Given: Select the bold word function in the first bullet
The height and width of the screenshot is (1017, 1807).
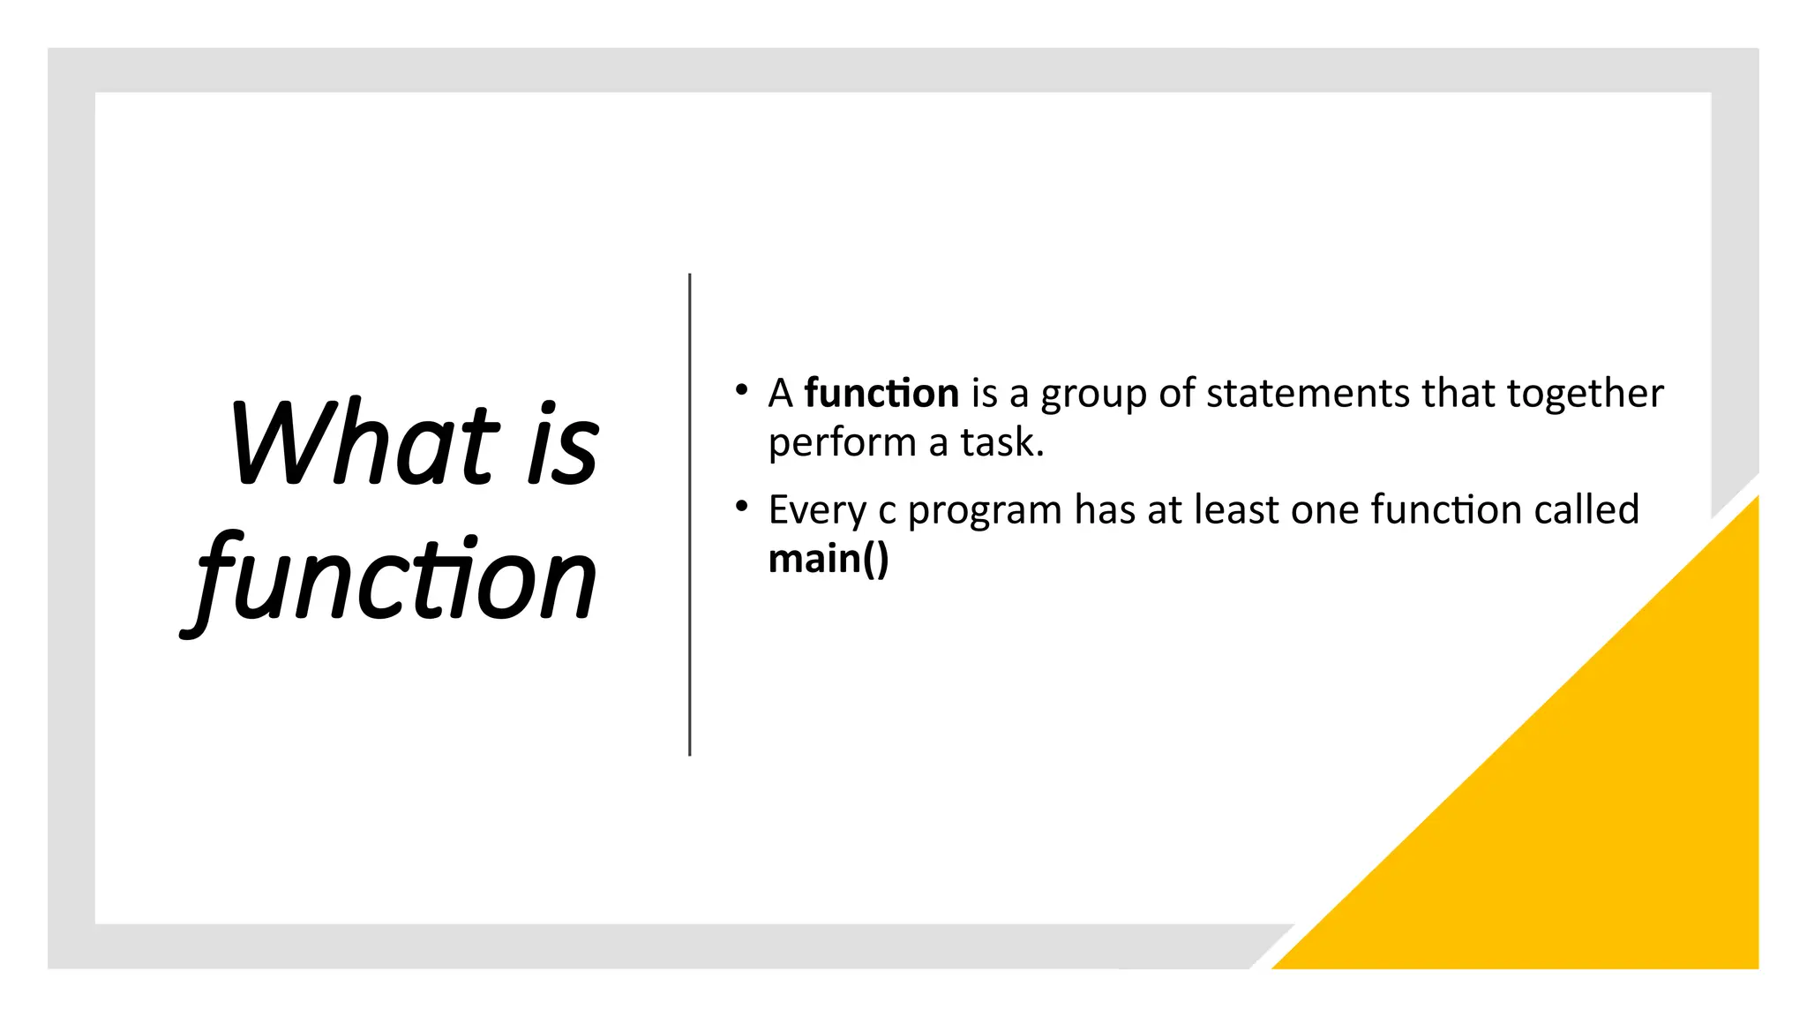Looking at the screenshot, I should (881, 394).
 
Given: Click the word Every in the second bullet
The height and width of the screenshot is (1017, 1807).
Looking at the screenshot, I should (817, 511).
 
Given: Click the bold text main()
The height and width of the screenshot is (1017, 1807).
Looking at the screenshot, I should (828, 560).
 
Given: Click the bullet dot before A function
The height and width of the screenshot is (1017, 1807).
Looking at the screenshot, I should (741, 389).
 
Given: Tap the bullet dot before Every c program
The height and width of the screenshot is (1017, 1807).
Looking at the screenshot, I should (741, 506).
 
